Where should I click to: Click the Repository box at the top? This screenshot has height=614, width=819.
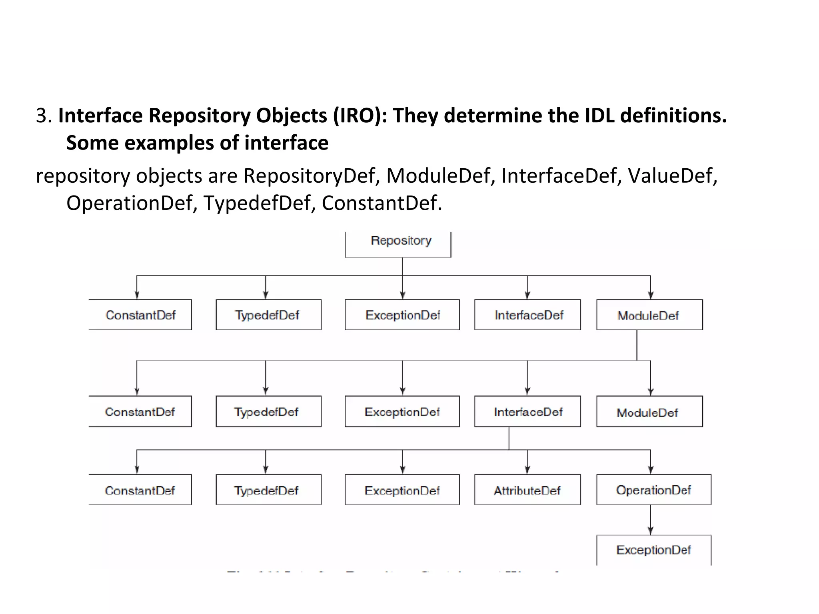[398, 243]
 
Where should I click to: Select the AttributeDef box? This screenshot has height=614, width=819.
[527, 490]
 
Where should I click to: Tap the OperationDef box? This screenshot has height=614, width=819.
[653, 490]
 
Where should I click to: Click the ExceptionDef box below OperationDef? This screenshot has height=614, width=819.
[653, 550]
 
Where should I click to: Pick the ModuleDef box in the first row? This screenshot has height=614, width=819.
[649, 315]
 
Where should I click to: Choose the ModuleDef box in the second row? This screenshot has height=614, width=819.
[649, 412]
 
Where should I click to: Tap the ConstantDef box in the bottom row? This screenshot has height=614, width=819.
[140, 490]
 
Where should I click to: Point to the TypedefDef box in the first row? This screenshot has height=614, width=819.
[268, 315]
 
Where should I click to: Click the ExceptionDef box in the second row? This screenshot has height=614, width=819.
[402, 412]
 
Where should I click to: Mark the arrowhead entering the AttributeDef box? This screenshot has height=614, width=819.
[527, 470]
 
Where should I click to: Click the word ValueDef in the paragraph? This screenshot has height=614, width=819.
[672, 176]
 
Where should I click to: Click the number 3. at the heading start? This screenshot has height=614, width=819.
[44, 116]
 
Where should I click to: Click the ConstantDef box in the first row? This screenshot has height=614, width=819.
[140, 315]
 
